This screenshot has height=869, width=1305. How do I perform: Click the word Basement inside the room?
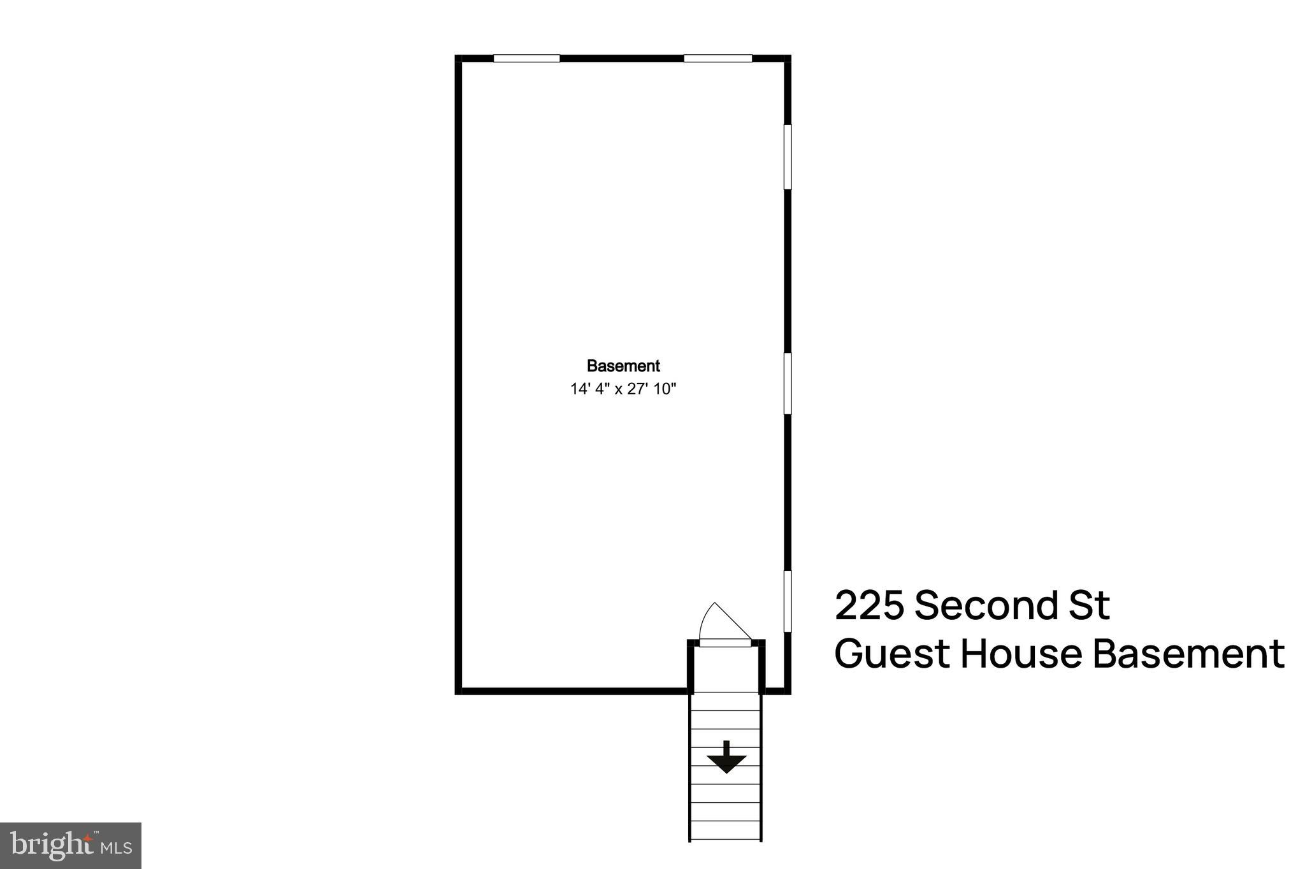[623, 366]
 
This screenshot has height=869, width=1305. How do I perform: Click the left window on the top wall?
[526, 59]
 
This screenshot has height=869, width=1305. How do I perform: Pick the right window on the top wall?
[717, 59]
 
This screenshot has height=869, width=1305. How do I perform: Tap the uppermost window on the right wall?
[788, 157]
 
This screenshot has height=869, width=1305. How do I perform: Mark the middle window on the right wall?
[788, 384]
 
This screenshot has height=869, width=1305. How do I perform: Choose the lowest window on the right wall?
[788, 601]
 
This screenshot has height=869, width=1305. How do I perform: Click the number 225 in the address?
[869, 606]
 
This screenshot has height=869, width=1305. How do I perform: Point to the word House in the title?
[1022, 654]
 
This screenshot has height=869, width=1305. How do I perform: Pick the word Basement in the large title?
[1188, 654]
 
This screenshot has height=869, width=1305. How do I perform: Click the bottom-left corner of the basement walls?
[458, 691]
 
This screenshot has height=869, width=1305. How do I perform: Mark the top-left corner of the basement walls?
[458, 59]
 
